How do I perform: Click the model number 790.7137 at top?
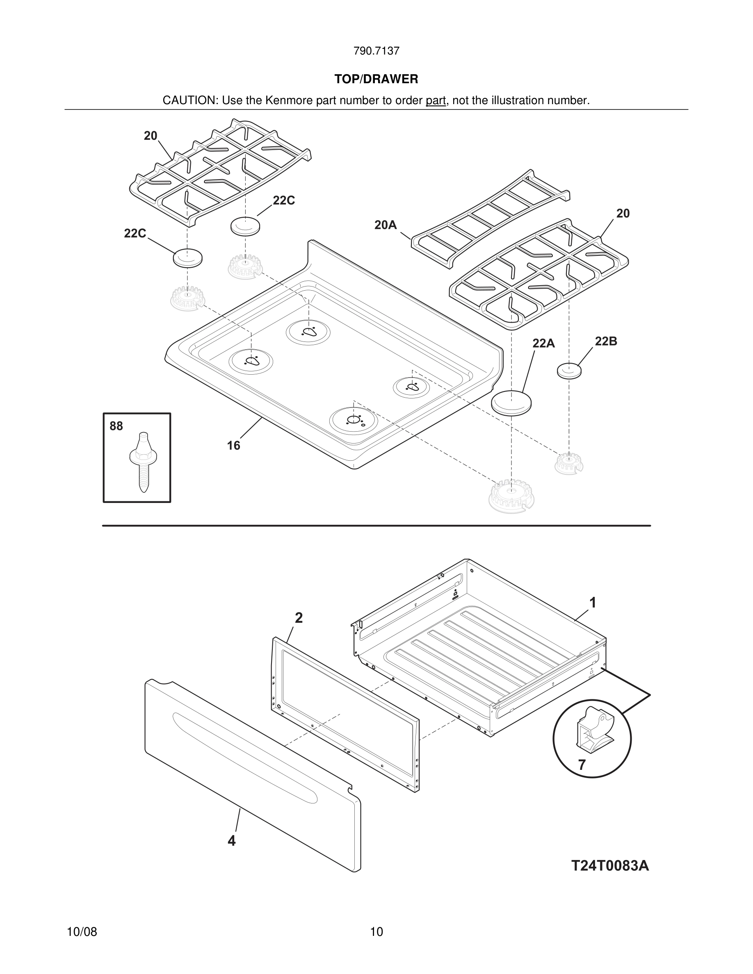(x=376, y=51)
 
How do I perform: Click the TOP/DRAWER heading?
(x=376, y=80)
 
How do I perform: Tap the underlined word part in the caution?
(x=436, y=101)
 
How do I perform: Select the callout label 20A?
(x=386, y=225)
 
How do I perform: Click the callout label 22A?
(x=543, y=344)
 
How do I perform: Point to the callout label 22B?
(x=606, y=341)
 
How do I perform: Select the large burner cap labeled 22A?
(x=512, y=403)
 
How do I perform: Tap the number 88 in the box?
(x=116, y=426)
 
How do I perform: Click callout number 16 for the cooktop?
(x=233, y=446)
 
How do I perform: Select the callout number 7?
(x=582, y=765)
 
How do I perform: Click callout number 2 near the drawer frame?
(x=299, y=618)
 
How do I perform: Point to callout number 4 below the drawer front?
(x=232, y=841)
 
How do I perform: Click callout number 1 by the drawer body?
(x=592, y=603)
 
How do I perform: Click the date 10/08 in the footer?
(x=82, y=932)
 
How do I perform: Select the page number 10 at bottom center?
(x=376, y=932)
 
